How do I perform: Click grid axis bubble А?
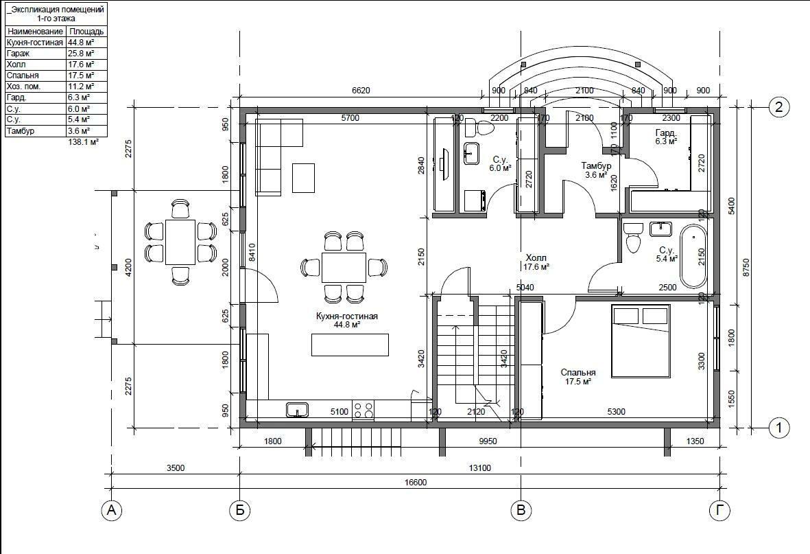[111, 511]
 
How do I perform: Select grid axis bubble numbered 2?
[779, 107]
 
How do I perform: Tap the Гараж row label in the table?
[18, 54]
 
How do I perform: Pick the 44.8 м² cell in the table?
[80, 43]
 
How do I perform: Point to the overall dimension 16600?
[416, 482]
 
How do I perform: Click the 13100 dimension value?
[479, 468]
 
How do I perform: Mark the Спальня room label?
[578, 373]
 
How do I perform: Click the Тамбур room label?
[596, 166]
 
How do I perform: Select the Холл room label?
[536, 257]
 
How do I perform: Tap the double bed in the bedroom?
[641, 341]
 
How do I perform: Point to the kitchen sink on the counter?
[297, 410]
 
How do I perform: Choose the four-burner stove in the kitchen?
[363, 410]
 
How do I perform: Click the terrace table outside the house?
[180, 242]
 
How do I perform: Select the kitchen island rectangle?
[350, 345]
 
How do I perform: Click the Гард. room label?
[666, 132]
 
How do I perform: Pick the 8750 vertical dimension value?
[746, 268]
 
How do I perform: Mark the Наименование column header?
[35, 31]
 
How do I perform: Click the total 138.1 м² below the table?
[83, 141]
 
